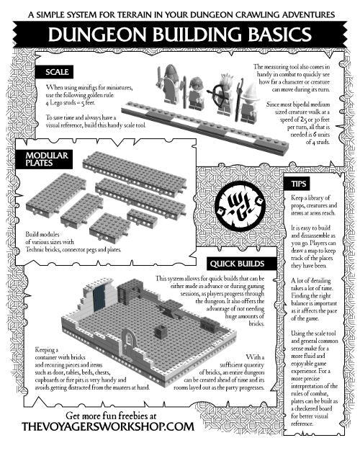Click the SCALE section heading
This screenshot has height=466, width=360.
pos(57,72)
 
